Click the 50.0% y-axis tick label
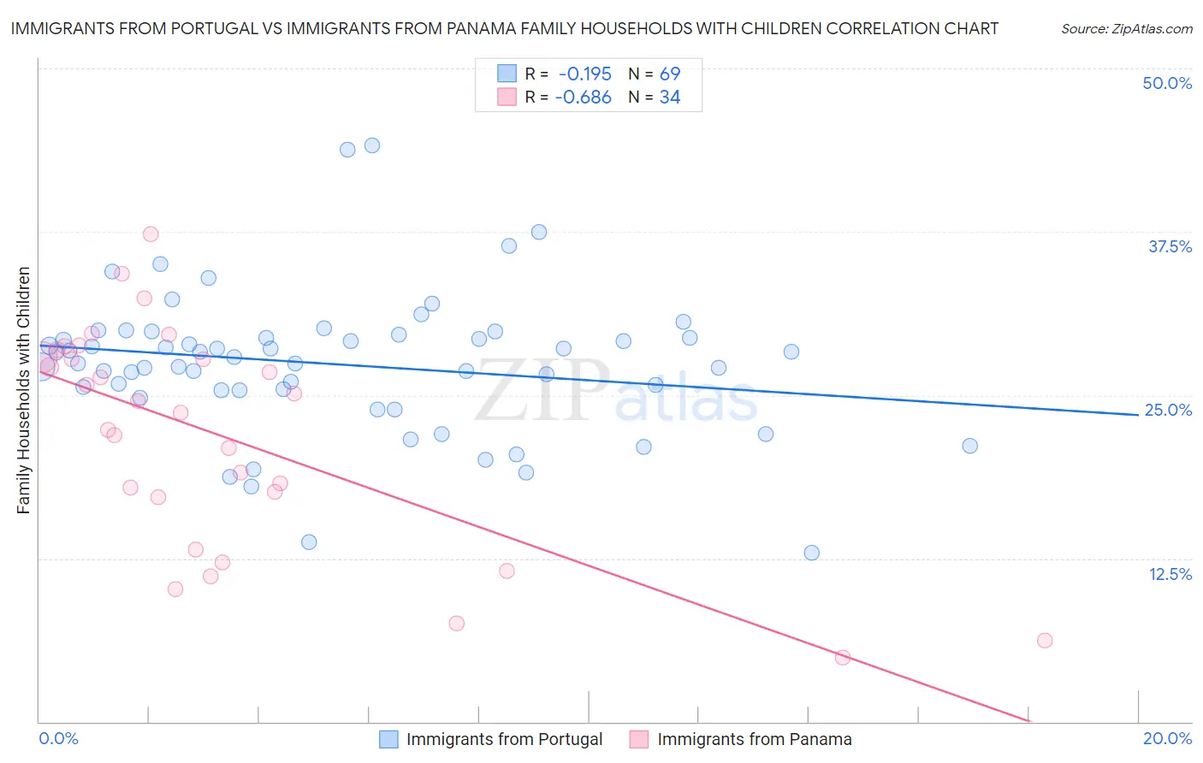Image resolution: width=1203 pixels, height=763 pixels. (1167, 83)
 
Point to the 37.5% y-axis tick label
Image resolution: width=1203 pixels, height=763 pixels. (1170, 246)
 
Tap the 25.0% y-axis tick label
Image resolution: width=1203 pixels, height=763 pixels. (1168, 410)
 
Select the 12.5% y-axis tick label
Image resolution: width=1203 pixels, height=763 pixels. (1170, 574)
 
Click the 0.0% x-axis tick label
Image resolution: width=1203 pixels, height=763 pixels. (58, 738)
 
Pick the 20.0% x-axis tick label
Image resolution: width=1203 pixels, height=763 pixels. (1167, 738)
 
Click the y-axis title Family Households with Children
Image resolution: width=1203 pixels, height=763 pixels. (23, 390)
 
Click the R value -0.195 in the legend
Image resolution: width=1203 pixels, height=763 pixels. (585, 74)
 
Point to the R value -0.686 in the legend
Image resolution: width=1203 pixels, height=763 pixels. (584, 98)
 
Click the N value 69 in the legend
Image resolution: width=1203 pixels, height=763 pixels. (670, 74)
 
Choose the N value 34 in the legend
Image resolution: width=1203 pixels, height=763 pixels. (670, 98)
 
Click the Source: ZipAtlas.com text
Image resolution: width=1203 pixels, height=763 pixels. (1126, 29)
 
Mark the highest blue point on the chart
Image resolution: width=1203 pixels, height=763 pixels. (372, 145)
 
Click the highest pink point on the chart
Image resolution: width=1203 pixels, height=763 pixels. (151, 234)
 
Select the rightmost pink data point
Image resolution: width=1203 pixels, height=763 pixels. (1044, 641)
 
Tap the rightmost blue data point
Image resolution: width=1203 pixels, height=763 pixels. (969, 446)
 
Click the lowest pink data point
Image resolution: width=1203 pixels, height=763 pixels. (842, 658)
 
